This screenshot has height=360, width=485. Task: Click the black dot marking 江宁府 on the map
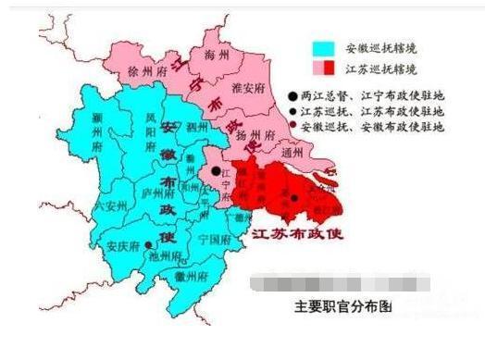coord(215,171)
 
